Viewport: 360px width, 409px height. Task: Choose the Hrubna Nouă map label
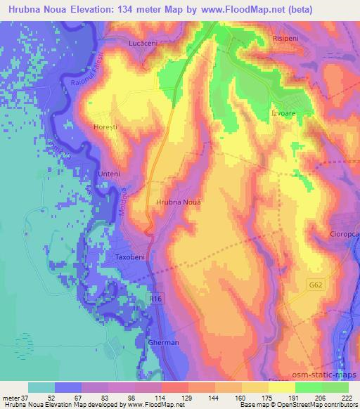pyautogui.click(x=177, y=202)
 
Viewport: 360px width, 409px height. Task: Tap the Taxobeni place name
pyautogui.click(x=129, y=258)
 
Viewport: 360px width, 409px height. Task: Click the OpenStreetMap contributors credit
pyautogui.click(x=310, y=405)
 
